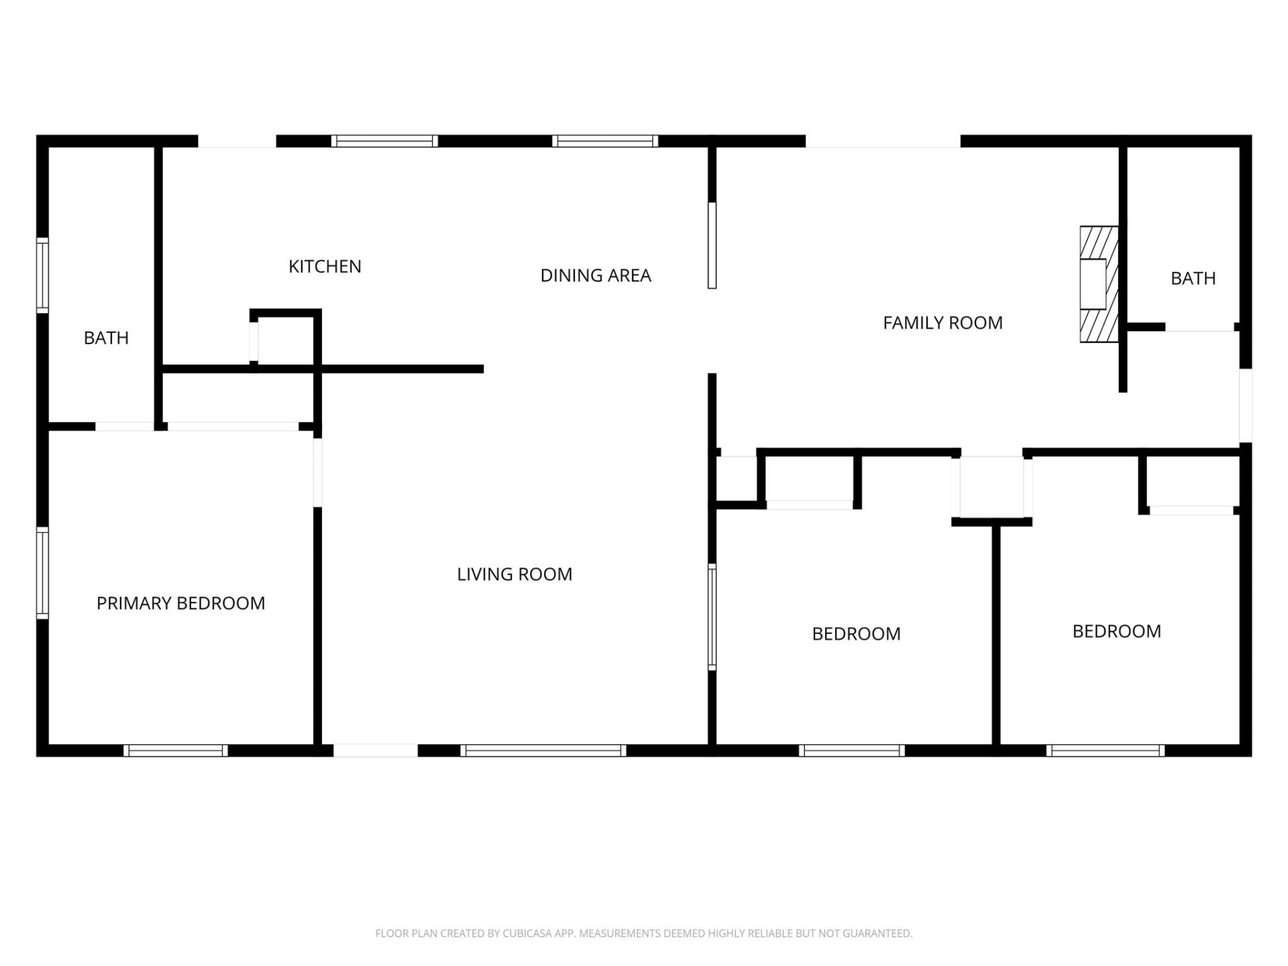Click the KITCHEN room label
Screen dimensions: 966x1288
(x=325, y=266)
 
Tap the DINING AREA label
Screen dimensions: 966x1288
(x=596, y=275)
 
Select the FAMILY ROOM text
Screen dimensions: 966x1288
(x=943, y=323)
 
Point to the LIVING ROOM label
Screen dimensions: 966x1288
(x=515, y=574)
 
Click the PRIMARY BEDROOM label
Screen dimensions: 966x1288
(x=180, y=603)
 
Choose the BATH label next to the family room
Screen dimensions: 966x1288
(x=1193, y=278)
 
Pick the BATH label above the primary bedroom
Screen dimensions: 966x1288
(x=106, y=337)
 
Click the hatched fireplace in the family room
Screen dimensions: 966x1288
(x=1098, y=284)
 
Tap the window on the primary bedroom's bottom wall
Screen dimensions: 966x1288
(x=176, y=751)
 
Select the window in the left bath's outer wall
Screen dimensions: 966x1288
(x=42, y=275)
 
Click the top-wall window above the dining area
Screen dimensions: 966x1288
(x=605, y=141)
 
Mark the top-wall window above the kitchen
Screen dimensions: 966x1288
(x=384, y=141)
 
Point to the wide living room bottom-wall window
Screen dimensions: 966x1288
(x=543, y=751)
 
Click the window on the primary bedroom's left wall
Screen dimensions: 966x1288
(x=42, y=573)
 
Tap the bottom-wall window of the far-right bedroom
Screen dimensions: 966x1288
(x=1105, y=751)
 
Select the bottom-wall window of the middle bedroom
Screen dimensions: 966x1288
(x=851, y=751)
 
